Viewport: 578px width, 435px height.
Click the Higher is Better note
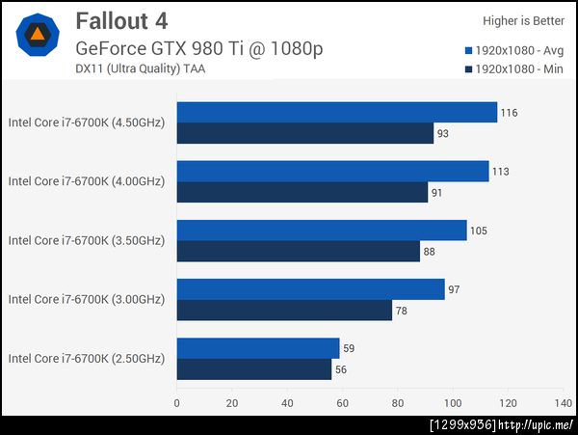525,20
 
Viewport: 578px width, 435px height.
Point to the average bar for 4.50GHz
337,113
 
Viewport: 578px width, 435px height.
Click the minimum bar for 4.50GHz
305,133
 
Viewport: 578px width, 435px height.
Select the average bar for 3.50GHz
322,231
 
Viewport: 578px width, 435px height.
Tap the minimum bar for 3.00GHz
284,310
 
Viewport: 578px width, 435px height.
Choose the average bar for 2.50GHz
258,348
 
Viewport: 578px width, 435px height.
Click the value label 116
509,113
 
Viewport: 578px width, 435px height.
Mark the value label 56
341,369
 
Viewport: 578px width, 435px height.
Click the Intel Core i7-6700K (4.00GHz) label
87,181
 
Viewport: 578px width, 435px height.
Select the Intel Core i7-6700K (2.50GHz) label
87,359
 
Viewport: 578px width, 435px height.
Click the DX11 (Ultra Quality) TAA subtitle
140,68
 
